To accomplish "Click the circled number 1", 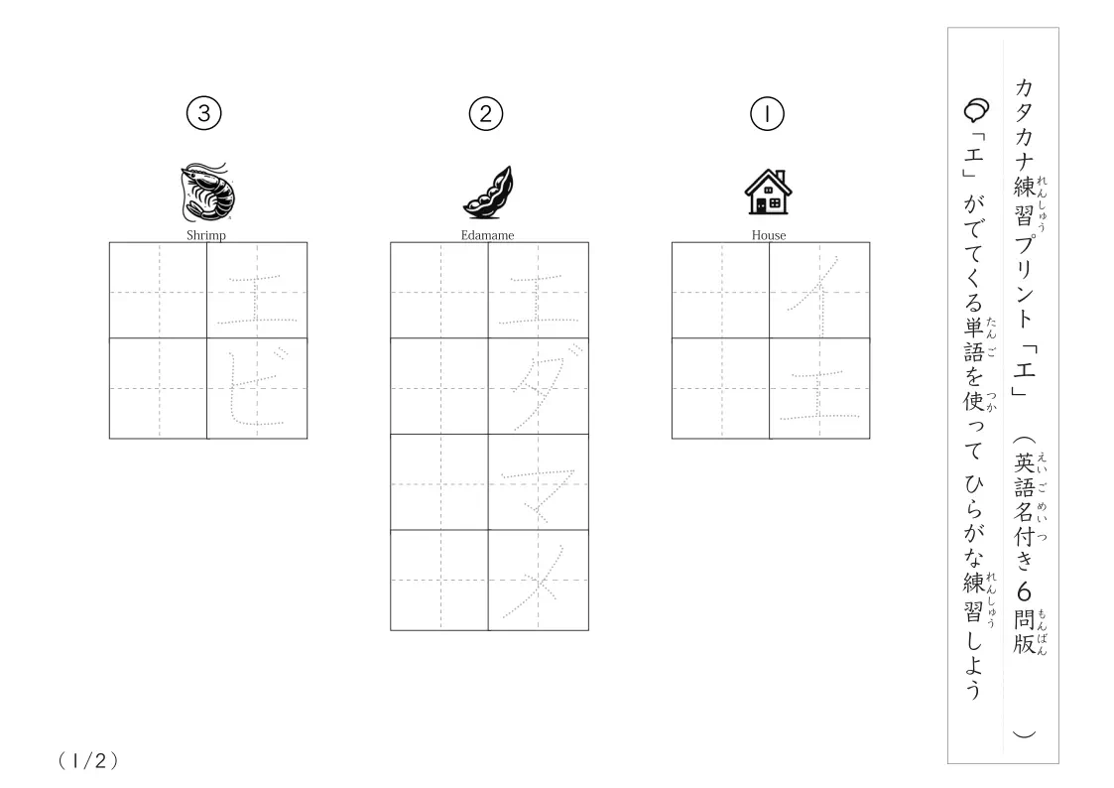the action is pyautogui.click(x=767, y=114).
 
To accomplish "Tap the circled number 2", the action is pyautogui.click(x=486, y=114).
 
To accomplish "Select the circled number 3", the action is pyautogui.click(x=204, y=114).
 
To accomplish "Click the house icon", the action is pyautogui.click(x=768, y=192).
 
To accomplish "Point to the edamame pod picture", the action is pyautogui.click(x=488, y=192).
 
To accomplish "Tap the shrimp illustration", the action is pyautogui.click(x=206, y=192).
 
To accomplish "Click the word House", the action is pyautogui.click(x=769, y=235).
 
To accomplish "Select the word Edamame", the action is pyautogui.click(x=487, y=235).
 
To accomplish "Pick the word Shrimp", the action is pyautogui.click(x=206, y=235).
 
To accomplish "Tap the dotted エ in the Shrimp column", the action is pyautogui.click(x=257, y=299).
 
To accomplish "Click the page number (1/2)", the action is pyautogui.click(x=88, y=761).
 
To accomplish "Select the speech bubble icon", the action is pyautogui.click(x=976, y=110).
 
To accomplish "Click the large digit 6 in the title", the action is pyautogui.click(x=1024, y=591).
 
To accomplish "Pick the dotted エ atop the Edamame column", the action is pyautogui.click(x=538, y=299).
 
